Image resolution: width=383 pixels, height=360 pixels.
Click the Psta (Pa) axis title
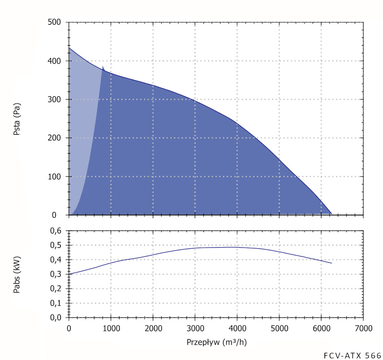pyautogui.click(x=16, y=119)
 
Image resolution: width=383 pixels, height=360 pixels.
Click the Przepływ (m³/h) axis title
pyautogui.click(x=216, y=342)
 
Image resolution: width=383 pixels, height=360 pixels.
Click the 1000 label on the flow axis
pyautogui.click(x=111, y=329)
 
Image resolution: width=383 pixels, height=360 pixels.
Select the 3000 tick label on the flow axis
pyautogui.click(x=195, y=329)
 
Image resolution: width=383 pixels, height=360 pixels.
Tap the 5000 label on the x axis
pyautogui.click(x=279, y=329)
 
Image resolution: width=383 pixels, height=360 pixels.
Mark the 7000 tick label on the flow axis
pyautogui.click(x=363, y=329)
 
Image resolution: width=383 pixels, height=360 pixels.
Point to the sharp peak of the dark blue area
pyautogui.click(x=103, y=66)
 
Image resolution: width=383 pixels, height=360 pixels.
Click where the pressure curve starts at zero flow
pyautogui.click(x=69, y=48)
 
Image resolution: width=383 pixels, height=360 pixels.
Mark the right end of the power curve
pyautogui.click(x=331, y=263)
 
